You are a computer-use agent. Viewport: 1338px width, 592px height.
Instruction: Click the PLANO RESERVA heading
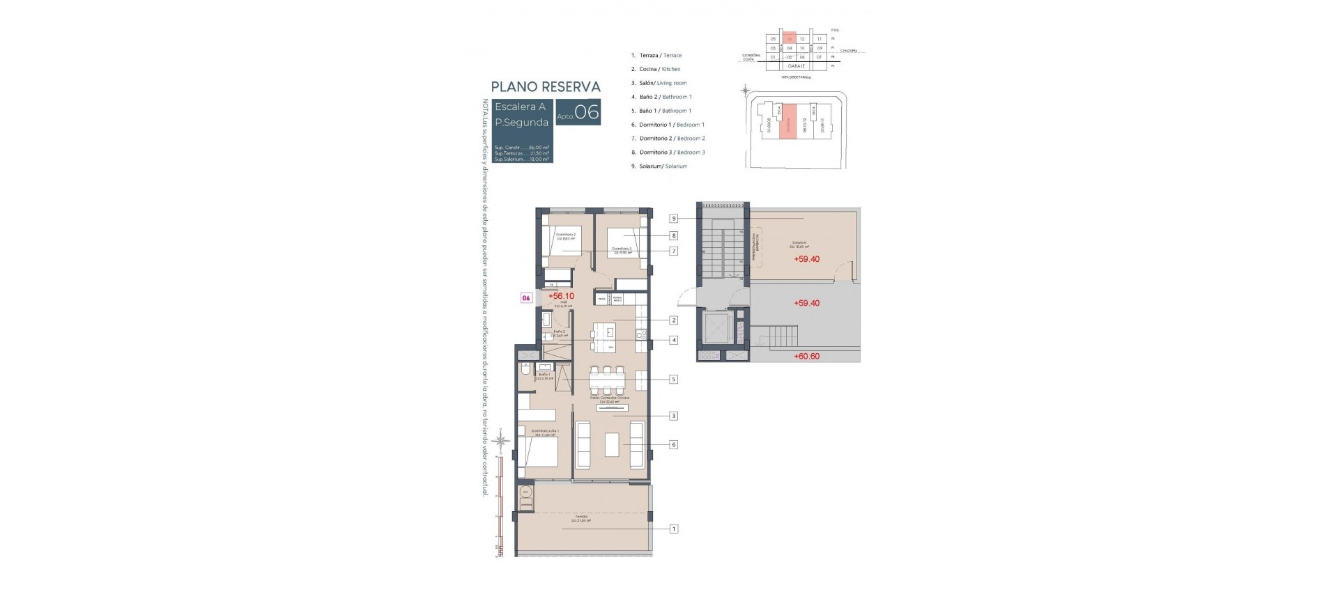[545, 87]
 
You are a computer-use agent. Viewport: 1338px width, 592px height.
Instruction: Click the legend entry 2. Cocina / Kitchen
[656, 69]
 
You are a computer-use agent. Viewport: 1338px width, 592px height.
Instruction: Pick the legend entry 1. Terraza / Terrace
[656, 55]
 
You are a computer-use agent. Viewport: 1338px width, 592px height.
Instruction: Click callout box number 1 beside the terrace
[674, 529]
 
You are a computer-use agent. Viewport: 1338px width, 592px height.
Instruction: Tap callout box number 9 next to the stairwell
[674, 219]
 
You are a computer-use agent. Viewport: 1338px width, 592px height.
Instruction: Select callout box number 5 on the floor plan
[674, 380]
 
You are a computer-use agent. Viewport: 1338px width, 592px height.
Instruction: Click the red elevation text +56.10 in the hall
[561, 296]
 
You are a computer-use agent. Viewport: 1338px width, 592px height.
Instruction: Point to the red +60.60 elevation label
[806, 357]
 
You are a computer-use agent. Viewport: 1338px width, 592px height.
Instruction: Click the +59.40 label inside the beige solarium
[806, 259]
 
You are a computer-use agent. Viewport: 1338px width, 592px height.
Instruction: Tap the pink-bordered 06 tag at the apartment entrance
[526, 298]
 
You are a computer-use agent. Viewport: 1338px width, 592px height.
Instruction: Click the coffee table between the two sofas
[612, 444]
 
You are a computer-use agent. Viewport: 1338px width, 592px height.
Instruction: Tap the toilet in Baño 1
[524, 371]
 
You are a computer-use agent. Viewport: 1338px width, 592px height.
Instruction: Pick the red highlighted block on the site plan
[787, 121]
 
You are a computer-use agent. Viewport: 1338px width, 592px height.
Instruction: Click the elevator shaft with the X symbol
[714, 327]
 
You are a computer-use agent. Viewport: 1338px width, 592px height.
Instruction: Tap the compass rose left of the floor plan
[500, 439]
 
